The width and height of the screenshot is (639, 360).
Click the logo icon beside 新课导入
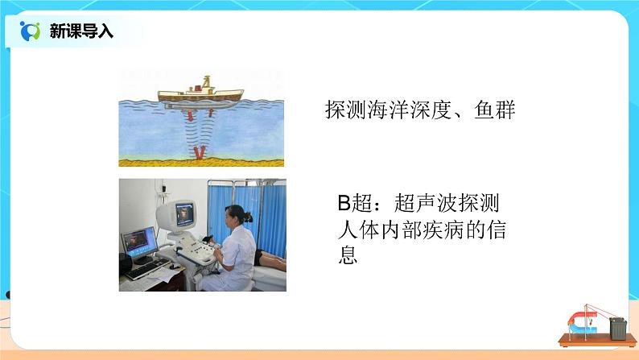30,31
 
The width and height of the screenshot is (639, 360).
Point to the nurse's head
239,215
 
